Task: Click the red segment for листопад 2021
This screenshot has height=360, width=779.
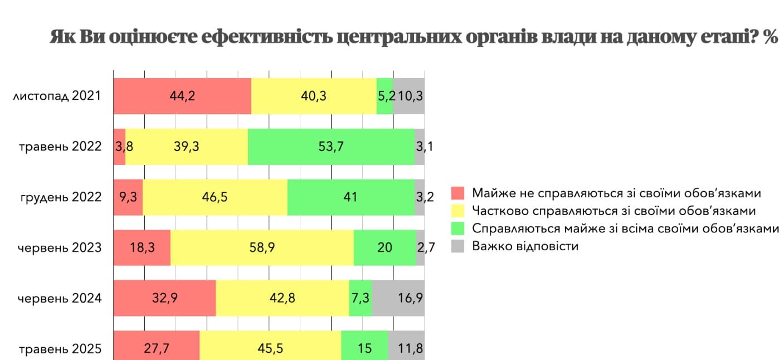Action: pos(182,96)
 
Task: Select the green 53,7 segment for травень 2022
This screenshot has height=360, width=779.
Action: pos(331,147)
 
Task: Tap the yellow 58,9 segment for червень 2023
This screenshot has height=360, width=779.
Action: pos(262,247)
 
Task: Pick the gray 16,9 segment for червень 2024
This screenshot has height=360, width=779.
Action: pos(398,298)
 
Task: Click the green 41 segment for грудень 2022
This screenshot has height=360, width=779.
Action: pos(350,197)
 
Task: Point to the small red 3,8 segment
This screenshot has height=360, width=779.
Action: pos(119,147)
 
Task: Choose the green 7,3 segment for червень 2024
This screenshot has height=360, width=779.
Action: pos(360,298)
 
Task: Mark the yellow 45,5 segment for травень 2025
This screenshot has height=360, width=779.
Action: pos(270,348)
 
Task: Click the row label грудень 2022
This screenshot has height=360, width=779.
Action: pos(61,197)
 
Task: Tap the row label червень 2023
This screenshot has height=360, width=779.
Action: pos(60,247)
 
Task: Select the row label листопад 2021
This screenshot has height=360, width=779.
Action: pos(57,96)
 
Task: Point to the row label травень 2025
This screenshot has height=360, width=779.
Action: pos(60,349)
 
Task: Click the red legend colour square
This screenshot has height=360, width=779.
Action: pos(457,193)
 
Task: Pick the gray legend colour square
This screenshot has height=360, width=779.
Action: pos(457,246)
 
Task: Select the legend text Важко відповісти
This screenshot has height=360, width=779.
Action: pos(525,246)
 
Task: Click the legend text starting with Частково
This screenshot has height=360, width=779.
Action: pos(614,211)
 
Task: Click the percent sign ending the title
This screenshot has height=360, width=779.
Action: pos(771,38)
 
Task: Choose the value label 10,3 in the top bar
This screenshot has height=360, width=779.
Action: pos(410,96)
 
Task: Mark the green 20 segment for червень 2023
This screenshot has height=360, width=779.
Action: pos(384,247)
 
